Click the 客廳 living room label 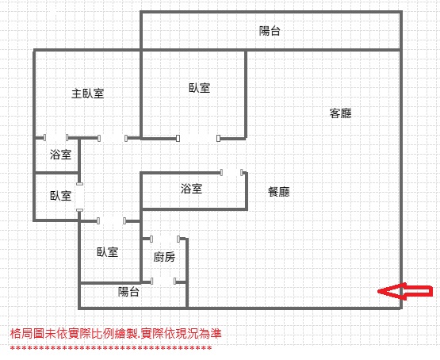(340, 113)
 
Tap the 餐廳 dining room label (278, 192)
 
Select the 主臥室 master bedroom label (87, 94)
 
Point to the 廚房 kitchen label (164, 257)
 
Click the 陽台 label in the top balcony (270, 31)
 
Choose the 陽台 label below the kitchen (128, 292)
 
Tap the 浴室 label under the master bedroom (60, 155)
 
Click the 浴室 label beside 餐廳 (191, 189)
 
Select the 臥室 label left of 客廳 (199, 88)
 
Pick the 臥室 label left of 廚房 (108, 252)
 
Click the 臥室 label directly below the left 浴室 (60, 196)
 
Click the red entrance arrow (405, 291)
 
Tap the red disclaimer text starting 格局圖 (116, 333)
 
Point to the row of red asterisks (111, 348)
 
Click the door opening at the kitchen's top (165, 239)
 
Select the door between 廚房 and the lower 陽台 (163, 281)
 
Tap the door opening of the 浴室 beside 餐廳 (231, 172)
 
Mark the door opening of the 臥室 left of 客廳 (198, 138)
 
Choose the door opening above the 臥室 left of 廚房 (111, 220)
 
